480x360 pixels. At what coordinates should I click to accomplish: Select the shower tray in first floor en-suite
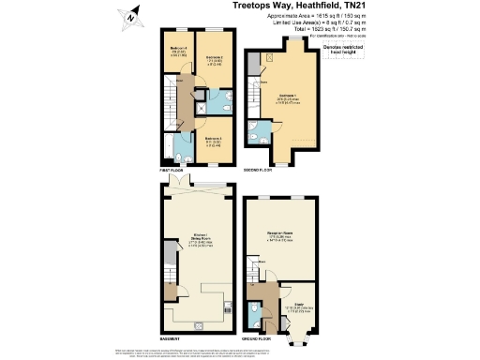(200, 108)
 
